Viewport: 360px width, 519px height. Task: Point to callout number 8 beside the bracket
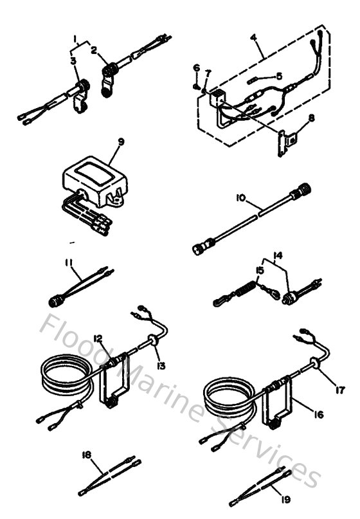[x=294, y=117]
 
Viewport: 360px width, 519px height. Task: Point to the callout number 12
[x=98, y=338]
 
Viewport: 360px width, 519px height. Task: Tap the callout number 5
[x=278, y=76]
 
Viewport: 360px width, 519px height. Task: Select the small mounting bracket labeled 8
[x=284, y=143]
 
